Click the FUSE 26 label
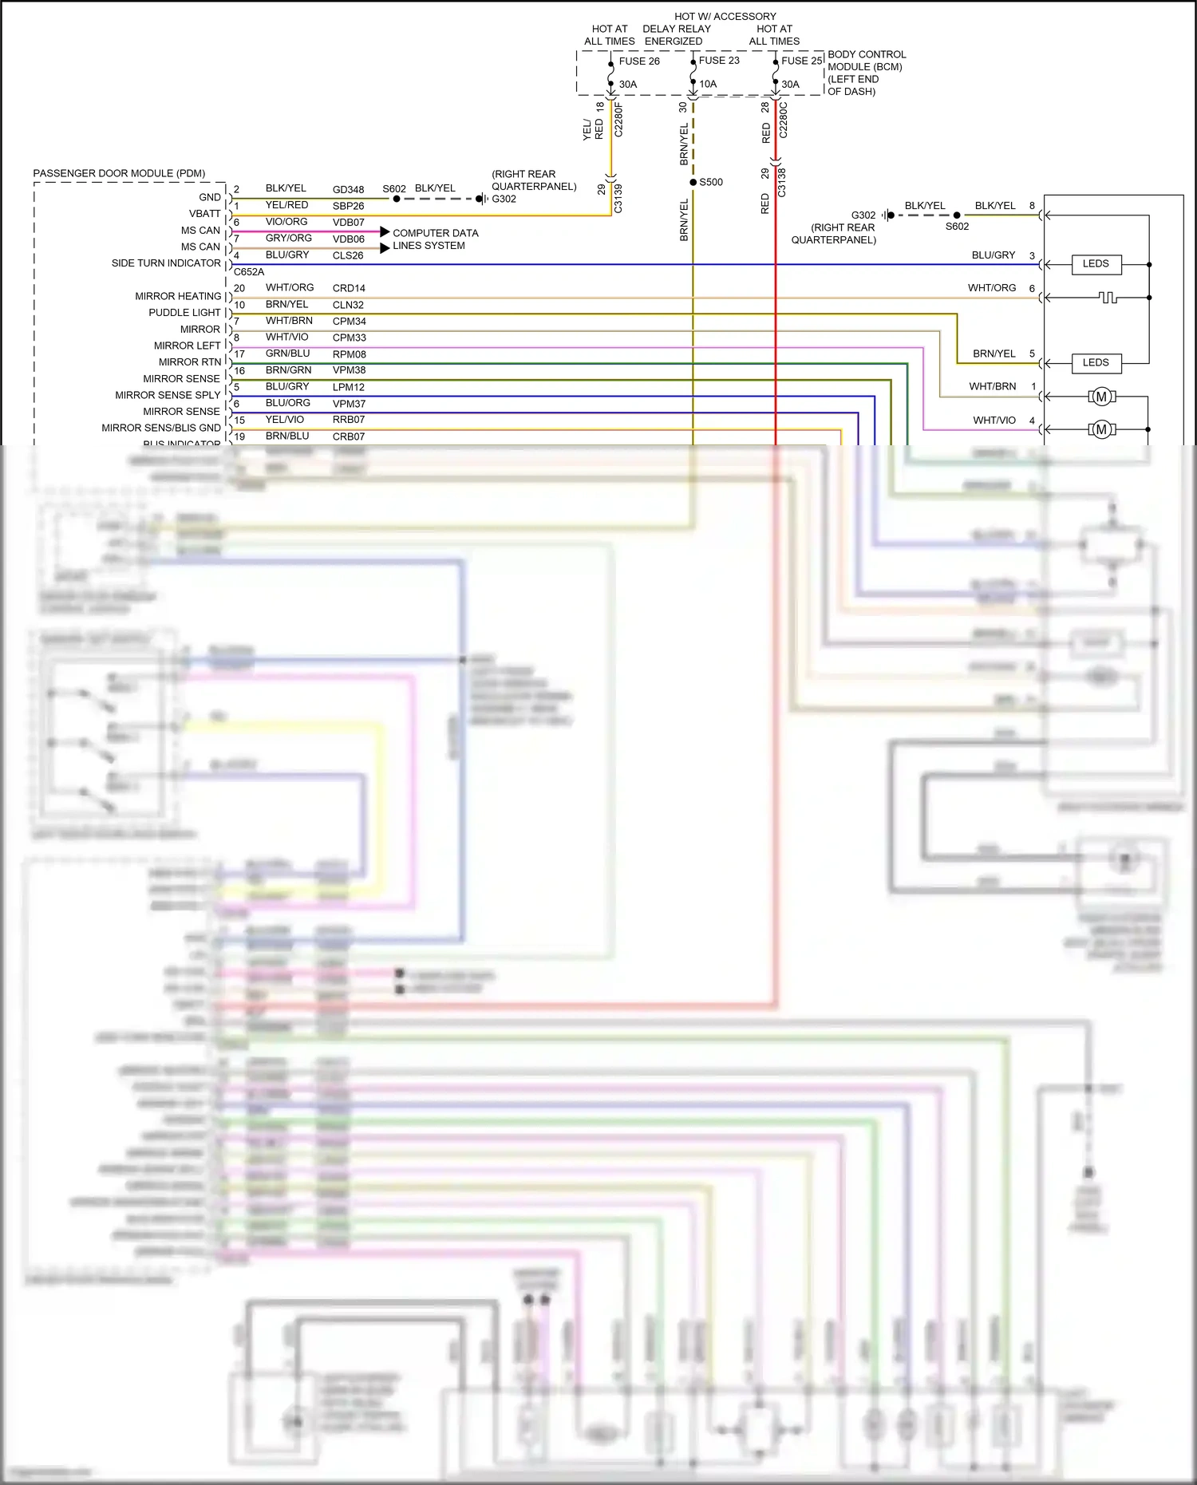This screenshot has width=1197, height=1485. tap(638, 61)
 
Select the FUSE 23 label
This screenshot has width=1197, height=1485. tap(718, 61)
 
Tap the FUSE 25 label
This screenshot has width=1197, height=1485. tap(801, 61)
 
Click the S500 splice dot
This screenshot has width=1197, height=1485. tap(693, 183)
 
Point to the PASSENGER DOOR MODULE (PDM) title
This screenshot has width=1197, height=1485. tap(119, 173)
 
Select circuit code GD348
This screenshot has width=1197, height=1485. tap(348, 190)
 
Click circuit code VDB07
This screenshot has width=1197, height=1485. tap(348, 223)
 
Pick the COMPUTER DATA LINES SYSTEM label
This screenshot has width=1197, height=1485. tap(435, 239)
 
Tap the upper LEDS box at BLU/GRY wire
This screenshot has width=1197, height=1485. tap(1095, 264)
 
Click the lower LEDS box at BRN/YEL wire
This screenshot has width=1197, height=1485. tap(1095, 363)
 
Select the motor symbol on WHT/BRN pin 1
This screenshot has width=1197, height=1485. tap(1101, 397)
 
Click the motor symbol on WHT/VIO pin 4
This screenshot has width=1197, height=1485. tap(1101, 430)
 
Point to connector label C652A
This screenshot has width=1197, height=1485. tap(248, 272)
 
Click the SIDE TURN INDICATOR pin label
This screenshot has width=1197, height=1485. tap(166, 263)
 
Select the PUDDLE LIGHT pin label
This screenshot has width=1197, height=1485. tap(184, 313)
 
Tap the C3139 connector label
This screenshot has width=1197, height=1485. tap(618, 198)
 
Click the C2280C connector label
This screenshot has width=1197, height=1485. tap(783, 120)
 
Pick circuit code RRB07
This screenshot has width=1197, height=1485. tap(349, 420)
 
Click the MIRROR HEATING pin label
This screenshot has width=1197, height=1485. tap(178, 296)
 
